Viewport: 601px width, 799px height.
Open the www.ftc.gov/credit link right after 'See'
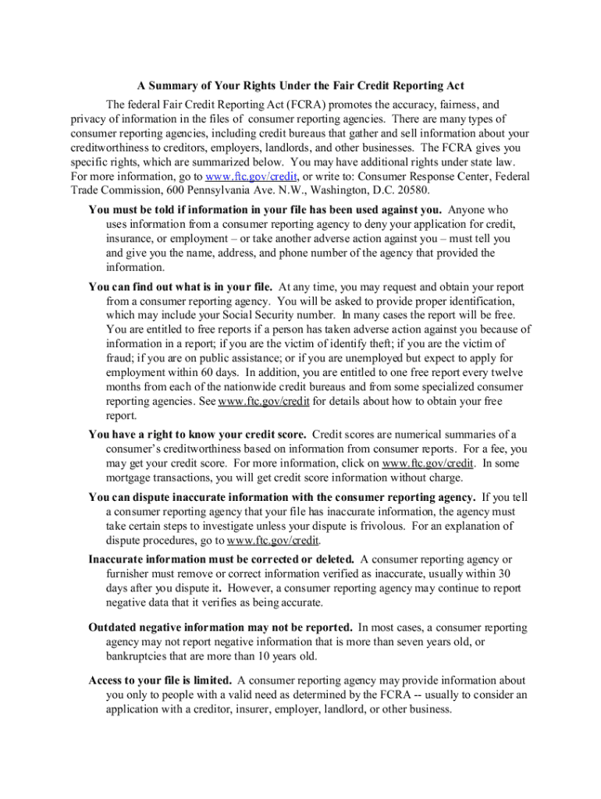[x=264, y=402]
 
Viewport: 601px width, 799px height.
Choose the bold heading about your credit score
[x=197, y=435]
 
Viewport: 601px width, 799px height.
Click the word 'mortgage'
[x=132, y=478]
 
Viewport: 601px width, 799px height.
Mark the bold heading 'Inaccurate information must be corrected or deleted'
[x=222, y=559]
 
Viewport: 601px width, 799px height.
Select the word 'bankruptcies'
[x=143, y=656]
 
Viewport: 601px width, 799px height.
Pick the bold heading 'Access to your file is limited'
[x=160, y=681]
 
